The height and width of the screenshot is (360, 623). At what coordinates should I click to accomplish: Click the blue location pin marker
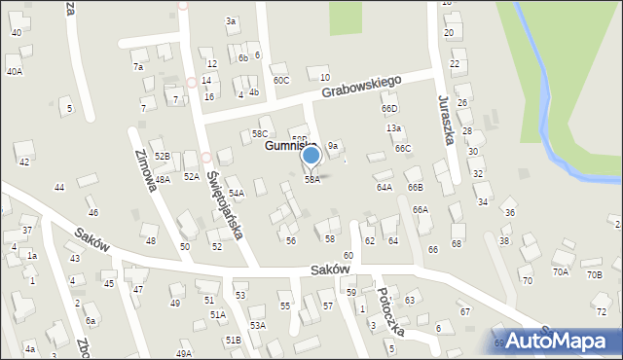coord(311,157)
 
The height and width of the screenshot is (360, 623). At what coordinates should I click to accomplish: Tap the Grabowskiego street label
coord(372,85)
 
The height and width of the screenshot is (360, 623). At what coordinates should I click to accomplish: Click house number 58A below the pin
coord(311,180)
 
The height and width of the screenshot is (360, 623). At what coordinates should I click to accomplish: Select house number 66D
coord(389,109)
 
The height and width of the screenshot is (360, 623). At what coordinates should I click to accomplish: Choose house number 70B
coord(594,274)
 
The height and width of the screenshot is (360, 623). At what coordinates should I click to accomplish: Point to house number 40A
coord(14,71)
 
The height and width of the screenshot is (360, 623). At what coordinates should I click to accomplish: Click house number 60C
coord(281,80)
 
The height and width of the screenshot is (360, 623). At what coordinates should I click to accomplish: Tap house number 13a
coord(393,128)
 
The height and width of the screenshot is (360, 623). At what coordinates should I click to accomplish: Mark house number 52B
coord(162,156)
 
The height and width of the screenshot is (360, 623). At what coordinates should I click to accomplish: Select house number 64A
coord(384,187)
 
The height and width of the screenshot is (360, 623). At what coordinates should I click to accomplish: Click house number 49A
coord(183,354)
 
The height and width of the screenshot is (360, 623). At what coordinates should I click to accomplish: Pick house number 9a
coord(333,146)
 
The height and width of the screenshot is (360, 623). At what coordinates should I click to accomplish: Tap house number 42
coord(24,162)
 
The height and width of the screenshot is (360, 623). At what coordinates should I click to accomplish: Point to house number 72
coord(601,311)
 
